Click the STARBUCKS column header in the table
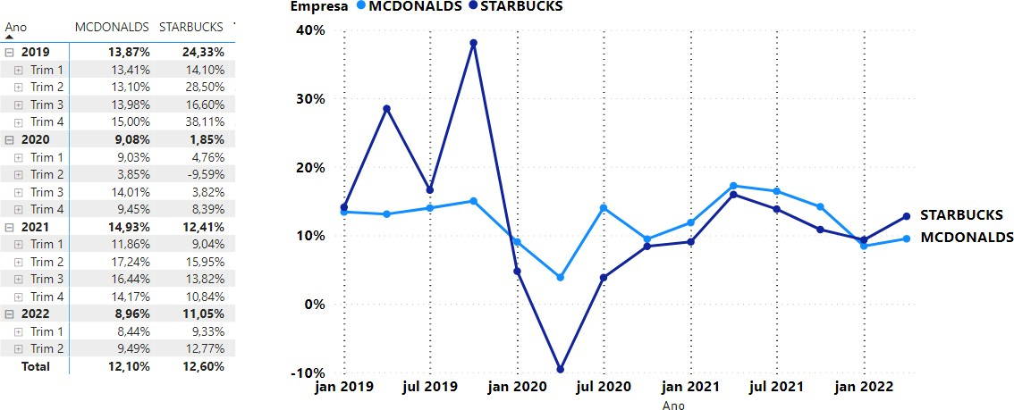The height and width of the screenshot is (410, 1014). [190, 27]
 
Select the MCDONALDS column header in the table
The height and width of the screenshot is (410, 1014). [113, 27]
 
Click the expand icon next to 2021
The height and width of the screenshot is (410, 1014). [9, 227]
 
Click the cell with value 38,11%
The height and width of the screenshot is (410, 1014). [205, 121]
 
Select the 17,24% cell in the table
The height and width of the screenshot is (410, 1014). [131, 262]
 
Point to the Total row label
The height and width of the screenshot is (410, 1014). [35, 366]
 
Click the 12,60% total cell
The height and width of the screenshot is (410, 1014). [205, 366]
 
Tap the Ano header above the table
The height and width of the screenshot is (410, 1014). [15, 27]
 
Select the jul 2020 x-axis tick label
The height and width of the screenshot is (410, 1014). [604, 387]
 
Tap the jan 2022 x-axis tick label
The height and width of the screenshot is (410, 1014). [864, 387]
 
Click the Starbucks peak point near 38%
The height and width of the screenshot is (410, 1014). [473, 43]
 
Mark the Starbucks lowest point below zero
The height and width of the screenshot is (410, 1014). [560, 369]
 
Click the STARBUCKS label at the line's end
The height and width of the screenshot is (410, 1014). [961, 214]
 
